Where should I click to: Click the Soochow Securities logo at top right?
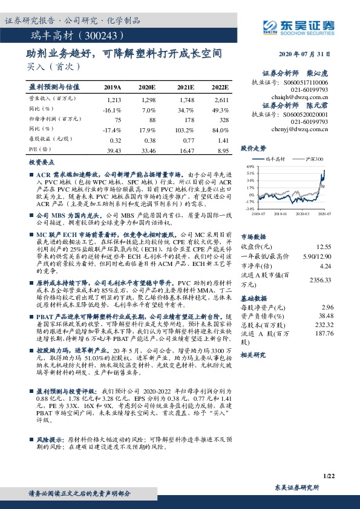pyautogui.click(x=299, y=25)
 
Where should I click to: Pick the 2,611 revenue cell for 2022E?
pyautogui.click(x=221, y=99)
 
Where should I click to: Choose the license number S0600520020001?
pyautogui.click(x=306, y=114)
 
